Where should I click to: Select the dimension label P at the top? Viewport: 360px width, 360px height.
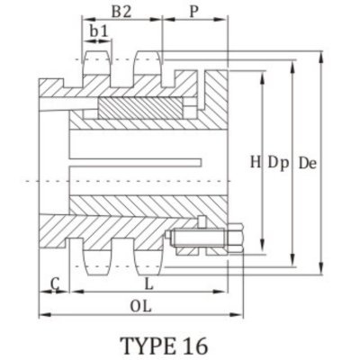pyautogui.click(x=194, y=11)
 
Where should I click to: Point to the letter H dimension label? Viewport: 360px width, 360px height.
pyautogui.click(x=255, y=163)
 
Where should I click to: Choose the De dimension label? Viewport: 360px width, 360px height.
pyautogui.click(x=307, y=164)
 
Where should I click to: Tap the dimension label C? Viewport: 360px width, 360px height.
pyautogui.click(x=55, y=284)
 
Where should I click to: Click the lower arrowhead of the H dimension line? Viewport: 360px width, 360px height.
pyautogui.click(x=262, y=249)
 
